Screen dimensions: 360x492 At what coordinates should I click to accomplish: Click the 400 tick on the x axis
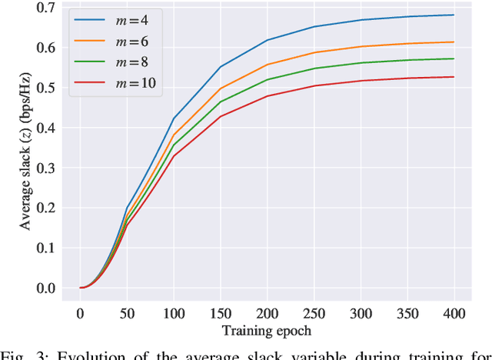[x=454, y=313]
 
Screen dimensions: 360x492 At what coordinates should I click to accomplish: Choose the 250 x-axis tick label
[x=314, y=313]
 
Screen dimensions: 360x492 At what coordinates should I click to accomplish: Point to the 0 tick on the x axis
[x=80, y=313]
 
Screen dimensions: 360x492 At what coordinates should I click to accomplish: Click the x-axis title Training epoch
[x=267, y=331]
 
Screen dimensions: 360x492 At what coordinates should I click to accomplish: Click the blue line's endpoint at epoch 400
[x=454, y=15]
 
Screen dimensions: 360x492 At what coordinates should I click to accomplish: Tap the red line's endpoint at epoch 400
[x=454, y=77]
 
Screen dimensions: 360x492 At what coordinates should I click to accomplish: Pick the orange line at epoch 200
[x=268, y=65]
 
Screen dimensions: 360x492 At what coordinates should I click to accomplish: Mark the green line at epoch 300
[x=361, y=62]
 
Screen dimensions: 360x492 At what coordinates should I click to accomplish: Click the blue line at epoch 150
[x=221, y=67]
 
